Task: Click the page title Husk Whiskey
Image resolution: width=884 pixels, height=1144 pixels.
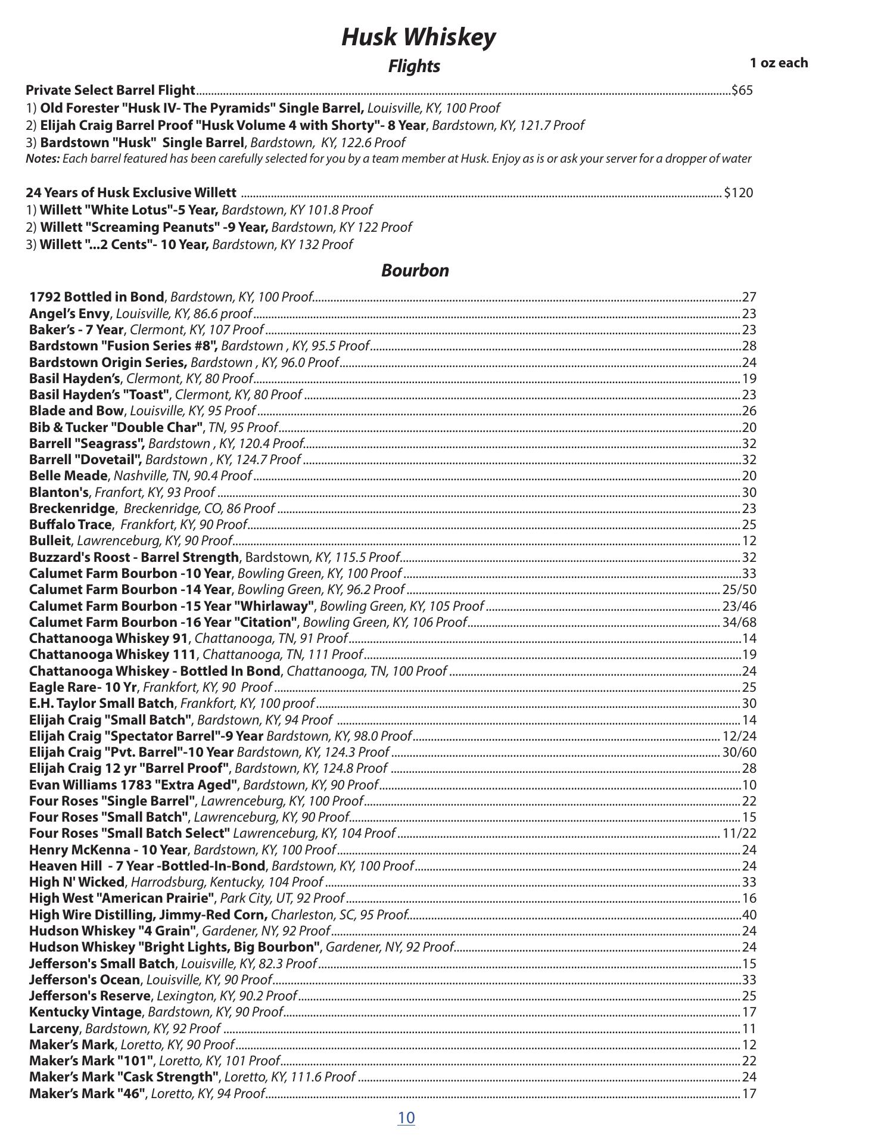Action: tap(418, 37)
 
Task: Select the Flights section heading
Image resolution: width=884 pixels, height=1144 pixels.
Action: tap(414, 66)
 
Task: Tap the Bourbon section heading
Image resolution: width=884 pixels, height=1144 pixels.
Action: tap(415, 271)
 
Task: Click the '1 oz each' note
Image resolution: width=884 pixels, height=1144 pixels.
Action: tap(779, 63)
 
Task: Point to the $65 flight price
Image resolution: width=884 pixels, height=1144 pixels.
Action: tap(742, 91)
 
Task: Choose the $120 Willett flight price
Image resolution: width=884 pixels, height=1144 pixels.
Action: tap(738, 193)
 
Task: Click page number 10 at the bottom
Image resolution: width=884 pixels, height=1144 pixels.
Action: tap(406, 1117)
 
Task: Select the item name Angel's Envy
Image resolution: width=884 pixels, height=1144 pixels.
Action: tap(70, 313)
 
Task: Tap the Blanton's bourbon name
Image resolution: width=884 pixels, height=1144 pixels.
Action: tap(58, 492)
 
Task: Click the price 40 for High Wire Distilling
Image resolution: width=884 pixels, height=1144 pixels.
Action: tap(749, 915)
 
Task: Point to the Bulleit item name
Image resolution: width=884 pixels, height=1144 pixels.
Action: tap(50, 541)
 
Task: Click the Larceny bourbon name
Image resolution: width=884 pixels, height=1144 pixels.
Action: tap(54, 1028)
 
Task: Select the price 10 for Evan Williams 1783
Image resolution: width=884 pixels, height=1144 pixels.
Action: tap(749, 785)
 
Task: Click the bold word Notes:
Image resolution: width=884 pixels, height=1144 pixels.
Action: tap(43, 159)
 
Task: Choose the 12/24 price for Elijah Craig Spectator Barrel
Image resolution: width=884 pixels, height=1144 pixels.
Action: tap(739, 736)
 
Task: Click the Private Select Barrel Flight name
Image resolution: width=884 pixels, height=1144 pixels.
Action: tap(111, 91)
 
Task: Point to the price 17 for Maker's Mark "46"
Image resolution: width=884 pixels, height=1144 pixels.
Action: tap(749, 1093)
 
